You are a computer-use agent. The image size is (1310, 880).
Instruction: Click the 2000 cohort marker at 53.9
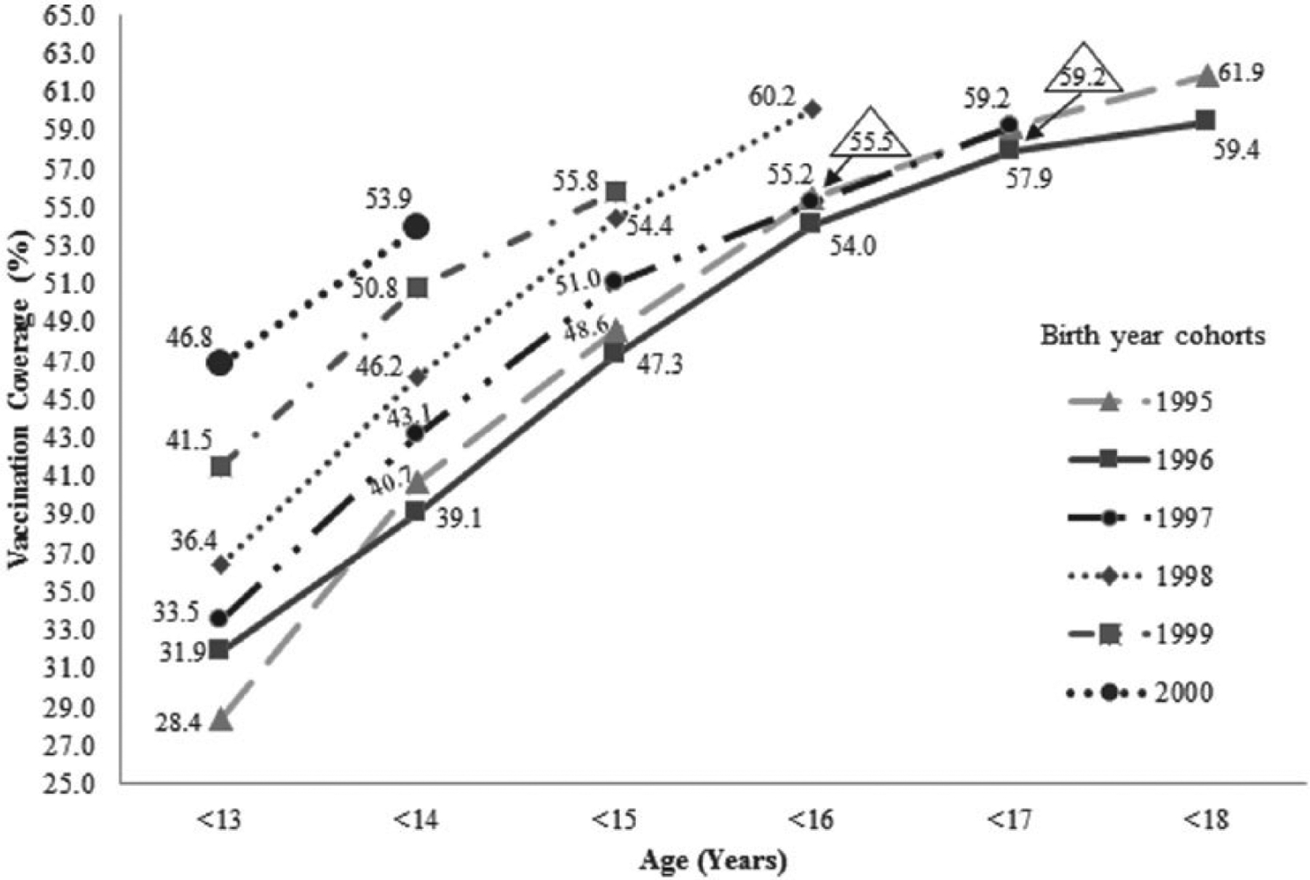pyautogui.click(x=417, y=227)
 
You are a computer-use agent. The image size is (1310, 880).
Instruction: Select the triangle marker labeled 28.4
pyautogui.click(x=221, y=720)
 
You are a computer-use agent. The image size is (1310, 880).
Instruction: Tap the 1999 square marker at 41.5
pyautogui.click(x=221, y=466)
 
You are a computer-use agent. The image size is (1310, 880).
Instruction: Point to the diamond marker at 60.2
pyautogui.click(x=813, y=109)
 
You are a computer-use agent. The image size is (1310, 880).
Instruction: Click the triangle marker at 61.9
pyautogui.click(x=1206, y=76)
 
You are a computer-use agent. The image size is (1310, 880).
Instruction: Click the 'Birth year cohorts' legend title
pyautogui.click(x=1152, y=336)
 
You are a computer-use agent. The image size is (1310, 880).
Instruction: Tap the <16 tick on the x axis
pyautogui.click(x=810, y=821)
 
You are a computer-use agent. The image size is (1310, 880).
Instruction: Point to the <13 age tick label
pyautogui.click(x=220, y=821)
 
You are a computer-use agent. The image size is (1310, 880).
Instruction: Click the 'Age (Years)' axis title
pyautogui.click(x=713, y=862)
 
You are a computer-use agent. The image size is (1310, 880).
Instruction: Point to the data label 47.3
pyautogui.click(x=659, y=364)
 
